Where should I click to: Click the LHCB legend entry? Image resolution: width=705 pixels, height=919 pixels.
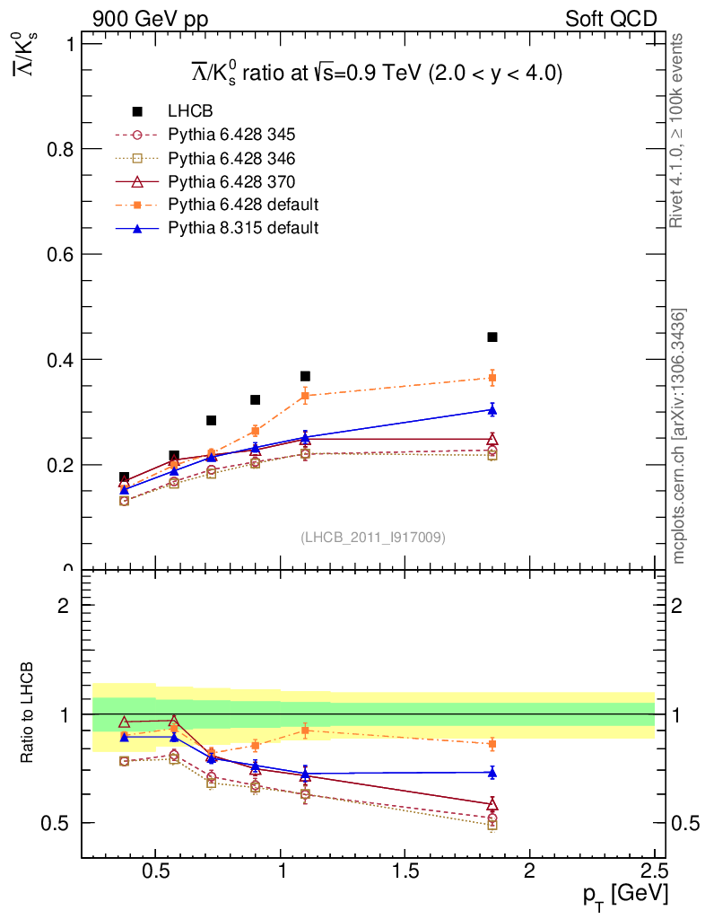click(190, 111)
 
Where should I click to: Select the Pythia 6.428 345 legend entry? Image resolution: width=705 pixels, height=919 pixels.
click(231, 135)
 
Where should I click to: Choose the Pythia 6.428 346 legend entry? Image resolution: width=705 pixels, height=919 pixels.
click(231, 158)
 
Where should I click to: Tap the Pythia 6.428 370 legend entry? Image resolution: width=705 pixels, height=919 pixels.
click(231, 181)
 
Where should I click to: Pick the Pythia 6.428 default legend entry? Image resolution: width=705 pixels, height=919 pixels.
click(243, 205)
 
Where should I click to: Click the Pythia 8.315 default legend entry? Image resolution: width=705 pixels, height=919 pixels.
click(243, 228)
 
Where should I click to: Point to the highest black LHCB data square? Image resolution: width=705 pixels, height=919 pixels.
click(492, 337)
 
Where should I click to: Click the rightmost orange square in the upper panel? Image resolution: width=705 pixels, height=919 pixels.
click(492, 378)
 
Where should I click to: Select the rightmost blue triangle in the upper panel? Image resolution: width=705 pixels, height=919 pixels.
click(492, 409)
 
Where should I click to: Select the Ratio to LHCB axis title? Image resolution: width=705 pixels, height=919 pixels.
click(29, 713)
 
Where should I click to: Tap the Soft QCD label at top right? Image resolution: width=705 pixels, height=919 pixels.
click(611, 19)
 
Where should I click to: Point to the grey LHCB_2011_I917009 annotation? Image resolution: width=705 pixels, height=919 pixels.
click(372, 537)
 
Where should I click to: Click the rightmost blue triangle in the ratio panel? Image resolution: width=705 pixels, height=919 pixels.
click(492, 772)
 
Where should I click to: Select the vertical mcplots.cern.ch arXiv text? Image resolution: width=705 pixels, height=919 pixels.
click(679, 435)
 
